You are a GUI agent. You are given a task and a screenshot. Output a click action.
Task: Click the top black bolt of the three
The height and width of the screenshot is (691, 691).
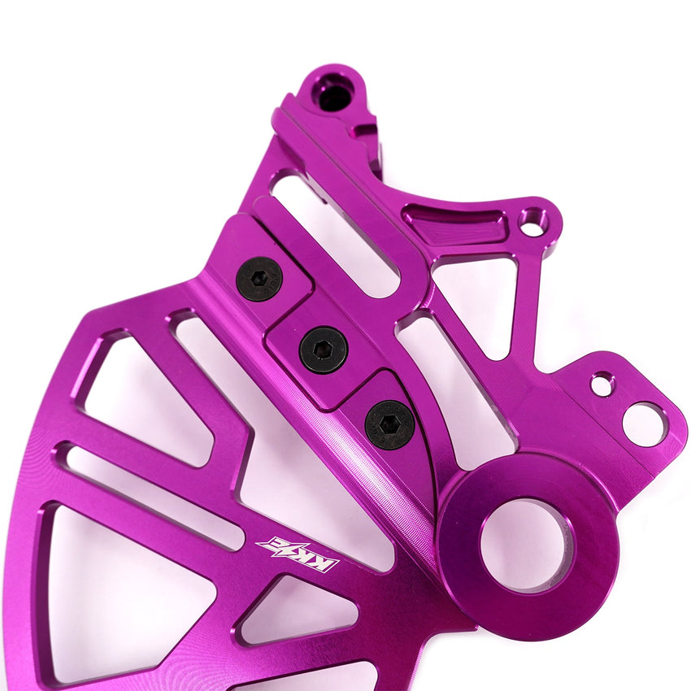(x=259, y=279)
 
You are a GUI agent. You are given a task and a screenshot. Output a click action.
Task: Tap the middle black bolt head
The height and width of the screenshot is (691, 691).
(x=323, y=350)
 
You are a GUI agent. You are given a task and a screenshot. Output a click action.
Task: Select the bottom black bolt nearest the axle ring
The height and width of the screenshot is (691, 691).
(x=389, y=424)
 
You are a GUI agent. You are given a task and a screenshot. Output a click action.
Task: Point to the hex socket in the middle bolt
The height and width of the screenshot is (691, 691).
(x=323, y=350)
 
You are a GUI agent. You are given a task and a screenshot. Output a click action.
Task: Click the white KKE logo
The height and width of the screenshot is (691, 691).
(x=297, y=554)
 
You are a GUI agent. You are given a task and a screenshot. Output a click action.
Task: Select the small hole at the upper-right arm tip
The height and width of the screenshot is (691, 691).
(x=532, y=222)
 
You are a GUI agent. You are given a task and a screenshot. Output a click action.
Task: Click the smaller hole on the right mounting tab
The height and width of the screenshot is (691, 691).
(x=602, y=384)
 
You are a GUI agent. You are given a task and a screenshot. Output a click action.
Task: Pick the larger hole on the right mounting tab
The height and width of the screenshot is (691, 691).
(x=644, y=424)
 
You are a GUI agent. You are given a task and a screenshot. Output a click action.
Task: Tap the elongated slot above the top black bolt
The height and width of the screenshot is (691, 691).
(x=333, y=232)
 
